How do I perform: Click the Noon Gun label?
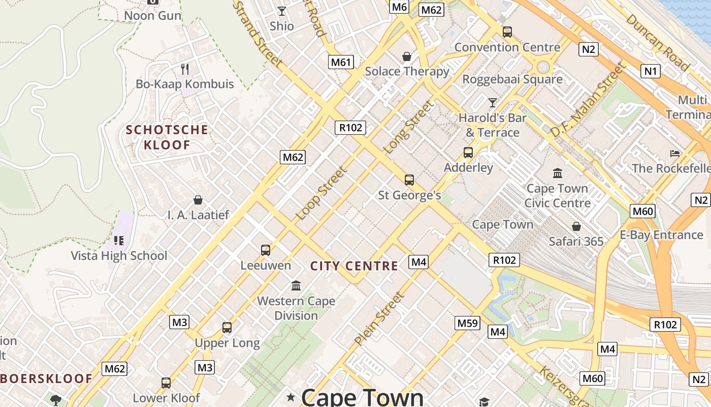[152, 15]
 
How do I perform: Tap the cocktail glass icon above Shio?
[282, 11]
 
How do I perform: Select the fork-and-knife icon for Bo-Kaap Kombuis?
[185, 69]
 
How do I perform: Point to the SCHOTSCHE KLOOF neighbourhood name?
[167, 137]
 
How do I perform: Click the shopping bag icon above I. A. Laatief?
[198, 200]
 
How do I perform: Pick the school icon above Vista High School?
[119, 240]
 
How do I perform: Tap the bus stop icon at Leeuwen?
[266, 250]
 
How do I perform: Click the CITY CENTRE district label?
[354, 266]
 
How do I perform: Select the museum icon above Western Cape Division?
[296, 285]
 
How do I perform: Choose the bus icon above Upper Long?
[227, 328]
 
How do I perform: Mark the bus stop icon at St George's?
[409, 180]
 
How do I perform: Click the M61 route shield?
[341, 62]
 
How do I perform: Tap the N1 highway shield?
[651, 71]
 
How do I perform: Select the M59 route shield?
[467, 323]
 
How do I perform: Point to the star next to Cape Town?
[291, 396]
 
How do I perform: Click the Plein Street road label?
[379, 319]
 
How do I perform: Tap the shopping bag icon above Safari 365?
[576, 226]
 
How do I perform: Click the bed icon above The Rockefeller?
[675, 153]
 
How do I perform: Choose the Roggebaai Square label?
[512, 79]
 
